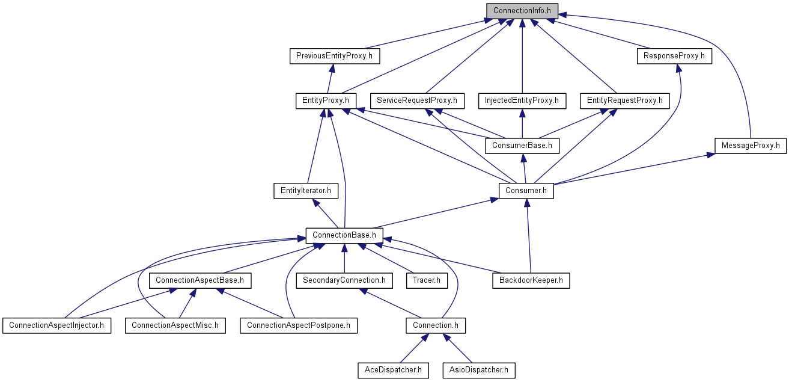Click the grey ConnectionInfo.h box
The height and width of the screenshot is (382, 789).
tap(522, 11)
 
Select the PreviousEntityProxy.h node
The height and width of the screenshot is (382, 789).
tap(335, 56)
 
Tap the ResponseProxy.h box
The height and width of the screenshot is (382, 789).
tap(674, 56)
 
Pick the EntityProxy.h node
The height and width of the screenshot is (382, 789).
tap(326, 101)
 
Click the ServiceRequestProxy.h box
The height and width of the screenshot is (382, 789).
tap(417, 101)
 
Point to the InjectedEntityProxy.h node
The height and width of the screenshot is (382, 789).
tap(522, 101)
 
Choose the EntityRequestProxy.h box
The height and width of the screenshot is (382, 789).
tap(625, 101)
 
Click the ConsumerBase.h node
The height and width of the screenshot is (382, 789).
tap(522, 146)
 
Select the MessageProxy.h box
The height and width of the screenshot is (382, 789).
tap(751, 146)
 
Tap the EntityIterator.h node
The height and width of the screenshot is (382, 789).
tap(306, 191)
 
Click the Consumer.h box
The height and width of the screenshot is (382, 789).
tap(526, 191)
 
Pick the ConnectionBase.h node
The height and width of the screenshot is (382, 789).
tap(344, 236)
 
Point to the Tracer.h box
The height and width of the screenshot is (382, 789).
tap(427, 281)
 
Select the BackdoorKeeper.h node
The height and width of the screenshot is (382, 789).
tap(531, 281)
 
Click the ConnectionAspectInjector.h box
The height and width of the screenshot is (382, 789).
tap(56, 325)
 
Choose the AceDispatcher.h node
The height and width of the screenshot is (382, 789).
tap(393, 371)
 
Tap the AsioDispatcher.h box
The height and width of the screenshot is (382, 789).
tap(479, 371)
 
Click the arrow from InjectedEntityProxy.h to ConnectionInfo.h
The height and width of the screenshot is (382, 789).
tap(522, 56)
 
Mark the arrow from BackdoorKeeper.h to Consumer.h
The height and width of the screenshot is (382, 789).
tap(529, 236)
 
